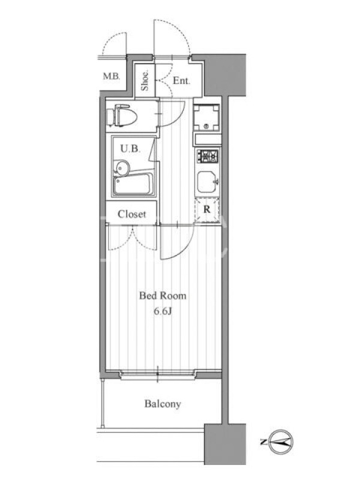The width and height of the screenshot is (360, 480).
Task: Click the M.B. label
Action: [x=112, y=76]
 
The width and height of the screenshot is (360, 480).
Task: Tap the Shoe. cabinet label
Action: [x=145, y=80]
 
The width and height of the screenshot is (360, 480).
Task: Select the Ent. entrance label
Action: [x=182, y=80]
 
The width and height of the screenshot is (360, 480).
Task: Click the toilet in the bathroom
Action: [x=122, y=115]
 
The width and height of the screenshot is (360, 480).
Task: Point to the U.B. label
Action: [x=130, y=149]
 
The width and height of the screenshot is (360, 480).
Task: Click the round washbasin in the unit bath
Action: [x=122, y=168]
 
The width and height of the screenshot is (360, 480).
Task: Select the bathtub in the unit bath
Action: [x=133, y=184]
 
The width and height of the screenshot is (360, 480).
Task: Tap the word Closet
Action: [x=131, y=214]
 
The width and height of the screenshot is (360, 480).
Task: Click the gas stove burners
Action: [x=208, y=156]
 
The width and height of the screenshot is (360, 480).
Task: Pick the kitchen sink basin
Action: [x=207, y=182]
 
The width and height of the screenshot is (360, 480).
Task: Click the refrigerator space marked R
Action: [x=207, y=210]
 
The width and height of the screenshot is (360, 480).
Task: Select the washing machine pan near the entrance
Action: [x=206, y=118]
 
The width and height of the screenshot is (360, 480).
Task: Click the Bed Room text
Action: [x=163, y=296]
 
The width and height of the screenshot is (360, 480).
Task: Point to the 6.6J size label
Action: [x=163, y=311]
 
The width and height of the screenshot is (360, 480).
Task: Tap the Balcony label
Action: [x=163, y=404]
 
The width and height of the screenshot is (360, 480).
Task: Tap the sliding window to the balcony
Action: [x=158, y=374]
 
